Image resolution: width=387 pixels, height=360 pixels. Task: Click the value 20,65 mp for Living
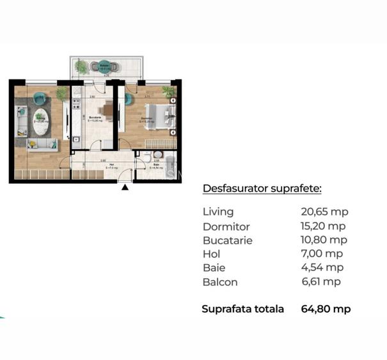tap(324, 212)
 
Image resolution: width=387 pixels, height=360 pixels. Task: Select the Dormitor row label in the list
tap(226, 226)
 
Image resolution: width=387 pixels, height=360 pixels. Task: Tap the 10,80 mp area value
tap(324, 240)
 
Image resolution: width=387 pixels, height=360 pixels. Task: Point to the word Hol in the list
tap(211, 254)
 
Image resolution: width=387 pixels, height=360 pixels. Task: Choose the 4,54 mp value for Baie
tap(322, 268)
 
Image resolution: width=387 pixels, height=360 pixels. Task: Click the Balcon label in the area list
tap(219, 282)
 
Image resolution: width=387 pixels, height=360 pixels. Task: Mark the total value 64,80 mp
tap(326, 309)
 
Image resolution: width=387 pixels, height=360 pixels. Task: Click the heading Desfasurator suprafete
tap(262, 188)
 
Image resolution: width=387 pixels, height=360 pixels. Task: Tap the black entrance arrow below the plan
tap(125, 187)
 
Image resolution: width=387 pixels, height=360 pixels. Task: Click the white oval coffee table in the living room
tap(42, 126)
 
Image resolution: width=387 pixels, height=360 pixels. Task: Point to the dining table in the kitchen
tap(109, 111)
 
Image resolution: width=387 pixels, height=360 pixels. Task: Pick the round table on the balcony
tap(104, 66)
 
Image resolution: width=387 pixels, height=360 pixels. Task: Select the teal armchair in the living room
tap(40, 99)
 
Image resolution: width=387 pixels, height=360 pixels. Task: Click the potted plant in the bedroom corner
tap(170, 92)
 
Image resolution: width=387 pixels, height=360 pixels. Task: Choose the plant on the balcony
tap(81, 66)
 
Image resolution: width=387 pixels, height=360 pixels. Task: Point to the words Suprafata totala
tap(242, 309)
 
